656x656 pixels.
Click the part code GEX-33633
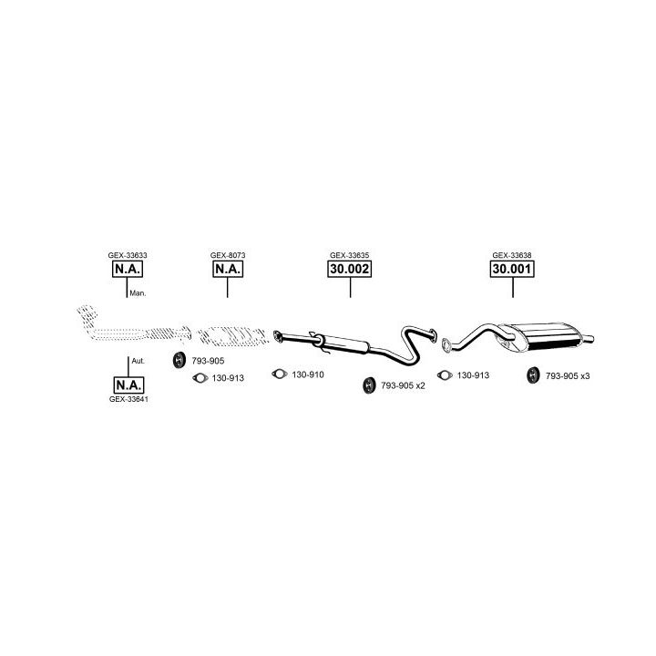[x=128, y=255]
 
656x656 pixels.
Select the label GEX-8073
[x=228, y=255]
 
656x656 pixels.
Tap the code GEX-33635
[x=349, y=255]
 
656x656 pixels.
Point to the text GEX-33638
[x=512, y=255]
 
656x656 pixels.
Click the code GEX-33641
[x=128, y=399]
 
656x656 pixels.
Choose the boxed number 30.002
[x=349, y=269]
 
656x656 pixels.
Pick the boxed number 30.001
[x=512, y=269]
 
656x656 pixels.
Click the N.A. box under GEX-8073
[x=228, y=269]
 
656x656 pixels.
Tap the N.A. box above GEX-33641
[x=128, y=384]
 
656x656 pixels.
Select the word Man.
[x=138, y=293]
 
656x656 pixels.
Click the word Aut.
[x=138, y=361]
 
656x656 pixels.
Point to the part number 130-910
[x=308, y=374]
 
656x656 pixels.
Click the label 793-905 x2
[x=403, y=385]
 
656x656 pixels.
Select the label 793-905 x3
[x=568, y=376]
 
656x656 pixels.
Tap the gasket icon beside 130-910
[x=280, y=374]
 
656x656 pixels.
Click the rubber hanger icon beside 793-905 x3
[x=533, y=374]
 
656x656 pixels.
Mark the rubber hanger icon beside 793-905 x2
[x=369, y=384]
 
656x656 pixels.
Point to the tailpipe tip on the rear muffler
[x=589, y=339]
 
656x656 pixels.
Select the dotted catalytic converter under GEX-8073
[x=232, y=336]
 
